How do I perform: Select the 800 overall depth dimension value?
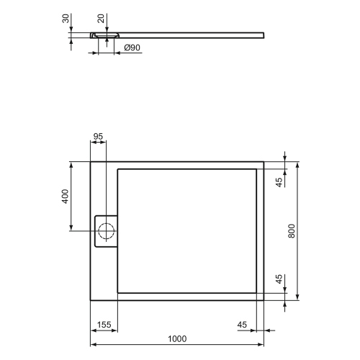point(292,229)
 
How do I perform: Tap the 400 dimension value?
point(64,196)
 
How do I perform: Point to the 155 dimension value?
point(104,325)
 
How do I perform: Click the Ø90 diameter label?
point(132,48)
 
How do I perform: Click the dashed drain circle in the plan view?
point(106,231)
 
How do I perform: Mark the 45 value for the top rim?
point(280,181)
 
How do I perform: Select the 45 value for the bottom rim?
point(280,279)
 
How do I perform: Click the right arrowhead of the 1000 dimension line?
point(262,330)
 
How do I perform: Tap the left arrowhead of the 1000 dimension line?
point(92,330)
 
